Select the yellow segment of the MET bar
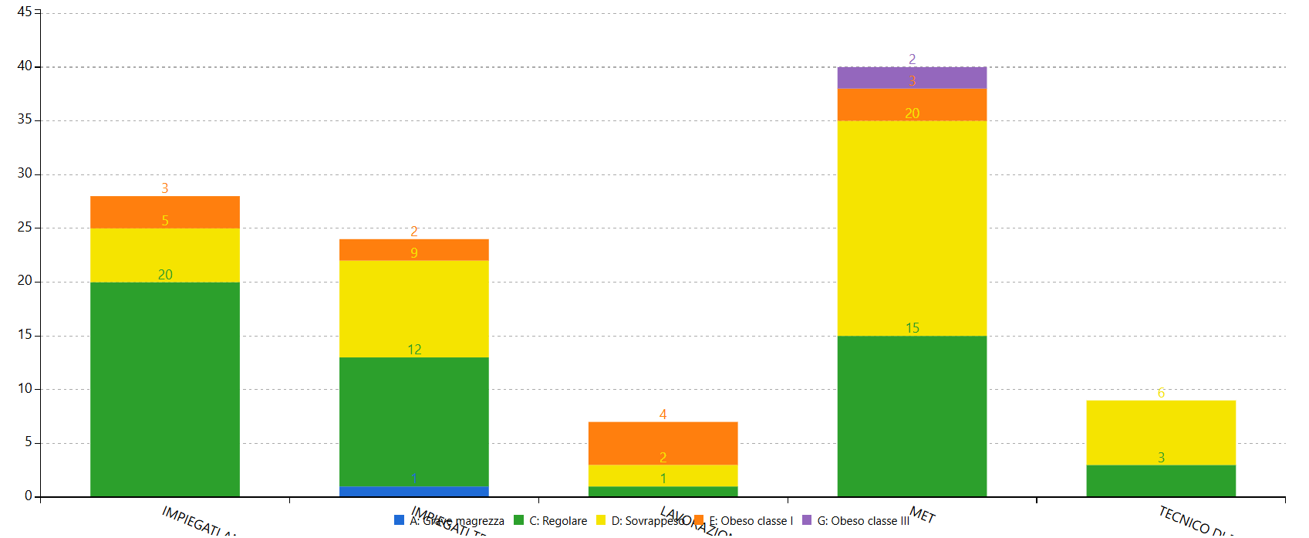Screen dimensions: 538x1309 pyautogui.click(x=912, y=228)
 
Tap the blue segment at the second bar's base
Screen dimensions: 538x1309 pyautogui.click(x=413, y=492)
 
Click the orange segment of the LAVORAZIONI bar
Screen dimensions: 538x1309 pyautogui.click(x=663, y=442)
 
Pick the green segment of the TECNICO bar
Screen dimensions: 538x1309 pyautogui.click(x=1161, y=481)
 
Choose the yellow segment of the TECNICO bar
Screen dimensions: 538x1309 pyautogui.click(x=1161, y=432)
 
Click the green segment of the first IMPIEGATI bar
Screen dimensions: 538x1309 pyautogui.click(x=165, y=389)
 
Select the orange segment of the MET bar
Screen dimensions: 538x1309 pyautogui.click(x=912, y=104)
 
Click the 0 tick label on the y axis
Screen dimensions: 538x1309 pyautogui.click(x=29, y=496)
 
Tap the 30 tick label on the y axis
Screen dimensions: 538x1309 pyautogui.click(x=25, y=173)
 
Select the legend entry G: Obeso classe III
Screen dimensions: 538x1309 pyautogui.click(x=863, y=521)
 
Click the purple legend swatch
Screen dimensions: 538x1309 pyautogui.click(x=807, y=520)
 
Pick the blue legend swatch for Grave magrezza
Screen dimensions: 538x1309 pyautogui.click(x=399, y=520)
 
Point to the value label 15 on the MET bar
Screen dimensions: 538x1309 pyautogui.click(x=912, y=328)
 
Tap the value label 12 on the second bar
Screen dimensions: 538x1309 pyautogui.click(x=413, y=350)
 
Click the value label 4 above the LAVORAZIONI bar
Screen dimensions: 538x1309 pyautogui.click(x=663, y=414)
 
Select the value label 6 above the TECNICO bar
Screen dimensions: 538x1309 pyautogui.click(x=1161, y=393)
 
